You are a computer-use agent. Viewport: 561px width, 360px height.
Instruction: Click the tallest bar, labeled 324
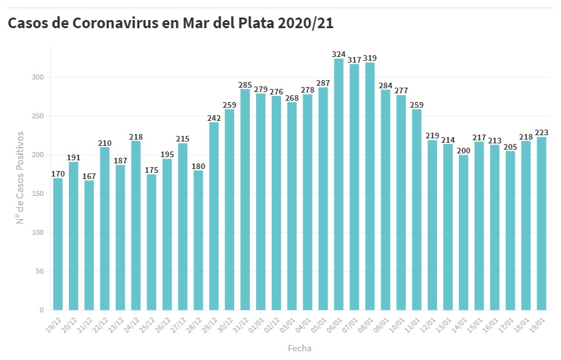point(339,185)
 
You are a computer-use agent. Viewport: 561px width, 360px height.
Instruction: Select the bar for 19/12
point(58,244)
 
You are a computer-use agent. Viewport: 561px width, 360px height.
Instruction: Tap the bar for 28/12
point(198,240)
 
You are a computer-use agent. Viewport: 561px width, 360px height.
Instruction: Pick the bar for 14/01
point(463,232)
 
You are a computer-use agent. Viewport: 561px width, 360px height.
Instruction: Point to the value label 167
point(89,176)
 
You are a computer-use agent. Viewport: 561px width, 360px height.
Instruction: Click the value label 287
point(323,83)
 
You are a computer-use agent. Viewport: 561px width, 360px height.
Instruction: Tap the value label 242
point(214,118)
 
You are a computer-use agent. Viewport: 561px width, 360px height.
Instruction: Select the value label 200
point(463,150)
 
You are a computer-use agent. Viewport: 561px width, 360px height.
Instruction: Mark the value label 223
point(542,132)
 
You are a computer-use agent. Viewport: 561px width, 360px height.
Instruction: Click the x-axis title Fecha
point(299,348)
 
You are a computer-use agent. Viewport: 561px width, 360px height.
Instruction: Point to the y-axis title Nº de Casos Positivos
point(20,177)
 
